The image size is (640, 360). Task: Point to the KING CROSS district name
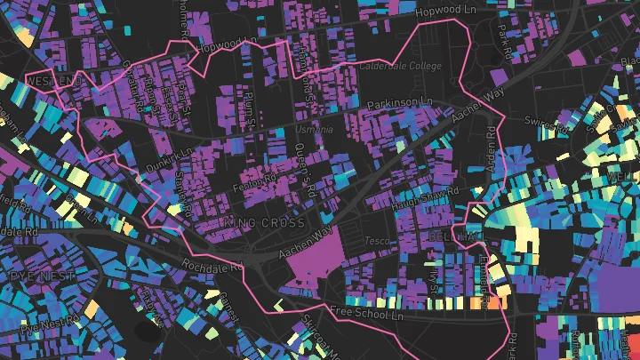point(265,222)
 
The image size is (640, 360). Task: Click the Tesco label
point(376,242)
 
